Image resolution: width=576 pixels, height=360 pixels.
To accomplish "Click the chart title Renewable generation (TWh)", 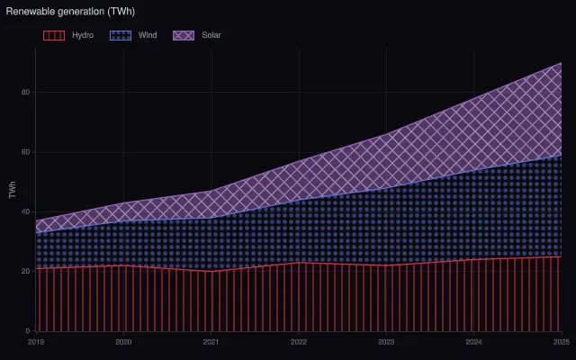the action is pyautogui.click(x=70, y=12).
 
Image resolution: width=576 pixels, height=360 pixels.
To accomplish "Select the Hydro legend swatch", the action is pyautogui.click(x=54, y=35).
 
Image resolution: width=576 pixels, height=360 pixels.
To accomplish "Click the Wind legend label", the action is pyautogui.click(x=148, y=35).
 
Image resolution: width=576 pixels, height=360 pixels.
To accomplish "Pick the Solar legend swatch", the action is pyautogui.click(x=184, y=35).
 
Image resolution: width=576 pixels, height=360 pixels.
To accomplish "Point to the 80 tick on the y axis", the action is pyautogui.click(x=26, y=92).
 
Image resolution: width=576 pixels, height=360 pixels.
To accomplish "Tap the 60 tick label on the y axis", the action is pyautogui.click(x=26, y=152).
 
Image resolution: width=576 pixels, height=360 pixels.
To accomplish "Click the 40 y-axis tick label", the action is pyautogui.click(x=26, y=212).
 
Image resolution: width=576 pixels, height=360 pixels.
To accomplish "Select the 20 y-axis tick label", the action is pyautogui.click(x=26, y=272).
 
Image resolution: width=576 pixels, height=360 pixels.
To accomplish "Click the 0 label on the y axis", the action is pyautogui.click(x=28, y=331).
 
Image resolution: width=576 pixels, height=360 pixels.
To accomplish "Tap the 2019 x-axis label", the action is pyautogui.click(x=36, y=342).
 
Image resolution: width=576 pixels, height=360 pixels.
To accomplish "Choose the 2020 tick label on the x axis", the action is pyautogui.click(x=123, y=342).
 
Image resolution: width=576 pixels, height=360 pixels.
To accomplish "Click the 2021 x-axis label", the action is pyautogui.click(x=211, y=342).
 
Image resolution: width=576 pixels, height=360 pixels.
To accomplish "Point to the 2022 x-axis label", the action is pyautogui.click(x=299, y=342).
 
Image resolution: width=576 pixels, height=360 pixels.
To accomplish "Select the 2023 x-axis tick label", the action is pyautogui.click(x=386, y=342).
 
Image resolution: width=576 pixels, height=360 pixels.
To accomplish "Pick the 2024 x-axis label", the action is pyautogui.click(x=474, y=342).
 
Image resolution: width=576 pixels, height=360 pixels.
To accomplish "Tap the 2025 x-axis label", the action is pyautogui.click(x=562, y=342).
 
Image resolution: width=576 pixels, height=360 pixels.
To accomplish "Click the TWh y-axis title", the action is pyautogui.click(x=13, y=190).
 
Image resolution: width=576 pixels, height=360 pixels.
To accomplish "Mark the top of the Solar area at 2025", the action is pyautogui.click(x=562, y=62).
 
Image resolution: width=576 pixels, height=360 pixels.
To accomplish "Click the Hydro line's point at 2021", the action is pyautogui.click(x=211, y=272).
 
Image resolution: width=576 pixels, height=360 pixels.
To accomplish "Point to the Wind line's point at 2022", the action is pyautogui.click(x=299, y=200).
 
